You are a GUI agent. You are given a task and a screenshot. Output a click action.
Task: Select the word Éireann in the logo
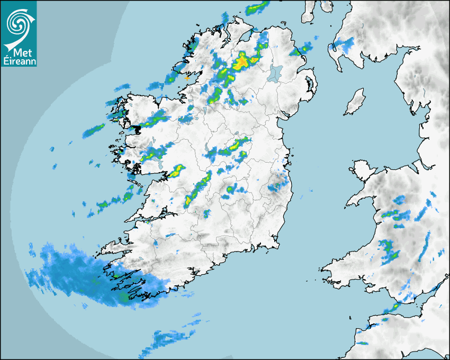(19, 61)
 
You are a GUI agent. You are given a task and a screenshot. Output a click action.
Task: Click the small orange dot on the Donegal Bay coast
(187, 78)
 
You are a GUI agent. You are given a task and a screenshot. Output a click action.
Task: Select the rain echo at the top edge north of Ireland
(257, 7)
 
